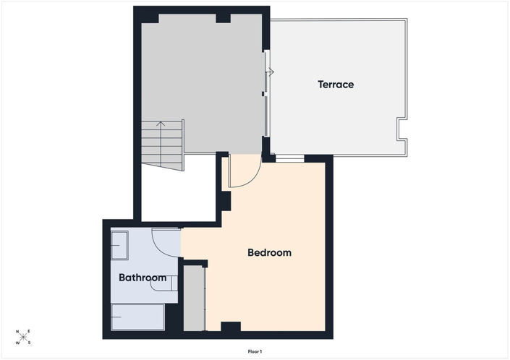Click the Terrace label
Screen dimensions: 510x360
(336, 85)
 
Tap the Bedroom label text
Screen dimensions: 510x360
(269, 252)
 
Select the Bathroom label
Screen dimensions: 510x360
(143, 278)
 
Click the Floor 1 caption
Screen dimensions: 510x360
(255, 351)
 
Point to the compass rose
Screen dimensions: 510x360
(23, 337)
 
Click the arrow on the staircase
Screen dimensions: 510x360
(161, 143)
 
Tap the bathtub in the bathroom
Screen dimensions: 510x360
(138, 317)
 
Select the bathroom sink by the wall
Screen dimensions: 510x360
(119, 245)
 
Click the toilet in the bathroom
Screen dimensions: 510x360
(164, 283)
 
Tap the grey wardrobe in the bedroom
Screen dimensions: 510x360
(194, 299)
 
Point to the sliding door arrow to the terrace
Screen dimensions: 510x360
(271, 72)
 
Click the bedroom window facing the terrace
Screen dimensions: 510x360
(290, 158)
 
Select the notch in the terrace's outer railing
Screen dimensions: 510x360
(401, 129)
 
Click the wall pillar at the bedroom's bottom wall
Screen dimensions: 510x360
(231, 327)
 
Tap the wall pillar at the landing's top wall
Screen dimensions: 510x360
(223, 19)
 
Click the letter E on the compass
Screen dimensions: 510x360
(29, 331)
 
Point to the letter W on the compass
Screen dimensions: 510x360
(18, 343)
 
